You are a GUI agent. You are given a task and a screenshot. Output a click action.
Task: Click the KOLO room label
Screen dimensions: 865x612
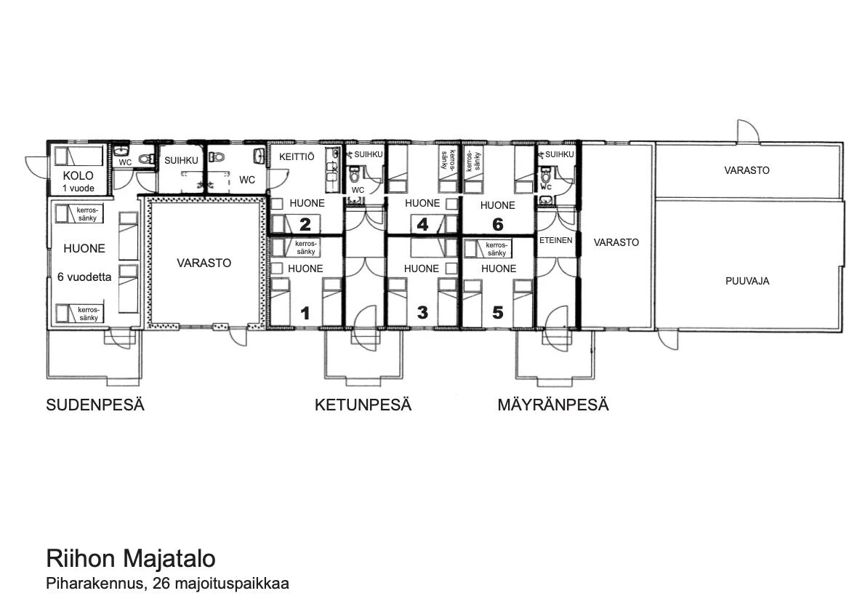[78, 175]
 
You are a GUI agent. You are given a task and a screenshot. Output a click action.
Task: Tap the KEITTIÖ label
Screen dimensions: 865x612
[297, 157]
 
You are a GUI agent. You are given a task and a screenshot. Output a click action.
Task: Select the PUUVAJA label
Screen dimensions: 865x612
[747, 281]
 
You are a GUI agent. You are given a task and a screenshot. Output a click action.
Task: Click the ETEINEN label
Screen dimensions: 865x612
[555, 240]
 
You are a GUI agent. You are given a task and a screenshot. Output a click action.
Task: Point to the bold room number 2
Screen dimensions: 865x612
[305, 224]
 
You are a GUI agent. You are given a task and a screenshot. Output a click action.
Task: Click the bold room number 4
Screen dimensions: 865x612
[422, 224]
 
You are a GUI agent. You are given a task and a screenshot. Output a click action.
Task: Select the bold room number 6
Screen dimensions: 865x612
[498, 224]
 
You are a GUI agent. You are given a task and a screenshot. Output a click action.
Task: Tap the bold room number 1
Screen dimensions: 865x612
[305, 313]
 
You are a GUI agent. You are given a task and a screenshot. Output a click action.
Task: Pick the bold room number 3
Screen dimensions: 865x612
[422, 313]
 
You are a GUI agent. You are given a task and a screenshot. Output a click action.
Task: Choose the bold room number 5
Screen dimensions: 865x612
[498, 313]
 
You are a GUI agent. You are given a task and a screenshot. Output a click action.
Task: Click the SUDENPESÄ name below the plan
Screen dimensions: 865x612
[95, 405]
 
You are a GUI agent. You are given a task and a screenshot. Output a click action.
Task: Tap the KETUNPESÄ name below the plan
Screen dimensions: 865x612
[363, 405]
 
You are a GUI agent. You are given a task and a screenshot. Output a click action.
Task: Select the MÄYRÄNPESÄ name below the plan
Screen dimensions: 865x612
[552, 405]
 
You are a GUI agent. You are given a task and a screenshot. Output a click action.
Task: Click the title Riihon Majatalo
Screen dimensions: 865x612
[131, 558]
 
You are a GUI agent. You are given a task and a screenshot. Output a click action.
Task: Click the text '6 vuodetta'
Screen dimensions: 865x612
[84, 277]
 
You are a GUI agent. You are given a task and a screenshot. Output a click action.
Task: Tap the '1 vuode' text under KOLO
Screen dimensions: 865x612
[79, 188]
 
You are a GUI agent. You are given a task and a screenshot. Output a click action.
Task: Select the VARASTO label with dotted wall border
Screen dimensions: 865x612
[204, 263]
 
